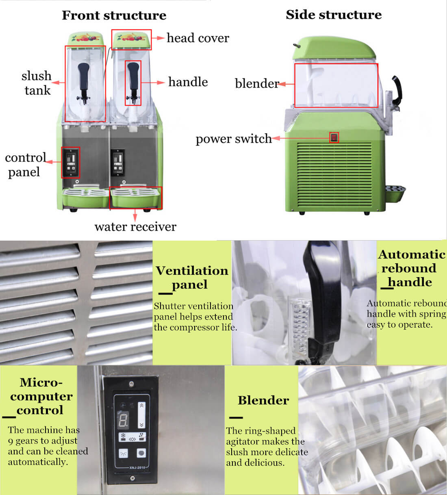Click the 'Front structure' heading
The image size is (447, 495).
(114, 15)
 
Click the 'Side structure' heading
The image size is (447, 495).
(334, 15)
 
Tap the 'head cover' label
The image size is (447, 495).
(198, 38)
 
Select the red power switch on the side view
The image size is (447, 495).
(334, 137)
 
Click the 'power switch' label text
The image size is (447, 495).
(234, 139)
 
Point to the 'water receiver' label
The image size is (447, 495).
(135, 227)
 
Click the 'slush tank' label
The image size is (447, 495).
(37, 83)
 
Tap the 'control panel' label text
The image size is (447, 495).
(25, 165)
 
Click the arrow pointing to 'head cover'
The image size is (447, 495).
(158, 38)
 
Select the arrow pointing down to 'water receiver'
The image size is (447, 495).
(135, 215)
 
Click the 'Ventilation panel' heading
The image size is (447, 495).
(192, 278)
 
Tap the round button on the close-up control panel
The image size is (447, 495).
(141, 453)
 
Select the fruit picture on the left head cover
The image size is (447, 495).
(85, 38)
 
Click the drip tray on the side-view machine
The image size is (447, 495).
(395, 193)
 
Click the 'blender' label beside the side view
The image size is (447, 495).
(257, 83)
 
